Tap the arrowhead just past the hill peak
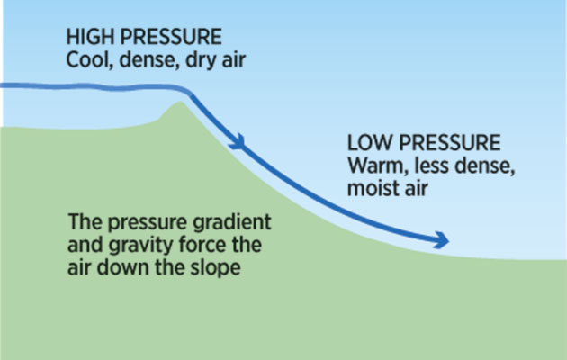(x=239, y=142)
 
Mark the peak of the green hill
(x=180, y=102)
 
